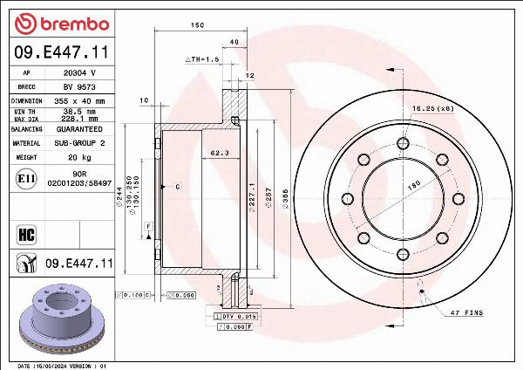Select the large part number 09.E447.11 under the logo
pos(59,54)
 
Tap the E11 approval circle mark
pos(25,179)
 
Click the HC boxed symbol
pos(25,233)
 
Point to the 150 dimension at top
pos(198,25)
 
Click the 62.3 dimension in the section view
pos(220,154)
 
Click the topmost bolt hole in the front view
pos(403,143)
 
